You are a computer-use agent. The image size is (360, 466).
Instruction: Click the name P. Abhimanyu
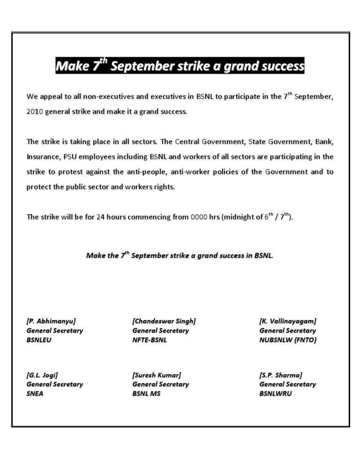[x=51, y=321]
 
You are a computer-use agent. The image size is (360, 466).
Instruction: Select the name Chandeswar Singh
[x=164, y=321]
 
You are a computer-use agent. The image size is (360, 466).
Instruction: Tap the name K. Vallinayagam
[x=287, y=321]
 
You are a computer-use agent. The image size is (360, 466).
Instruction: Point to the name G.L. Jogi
[x=42, y=375]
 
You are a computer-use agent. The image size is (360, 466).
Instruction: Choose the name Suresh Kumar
[x=157, y=375]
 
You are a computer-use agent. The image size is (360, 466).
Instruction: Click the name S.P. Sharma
[x=280, y=375]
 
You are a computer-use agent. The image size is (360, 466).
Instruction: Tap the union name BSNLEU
[x=39, y=340]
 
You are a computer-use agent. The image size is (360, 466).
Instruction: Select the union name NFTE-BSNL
[x=150, y=340]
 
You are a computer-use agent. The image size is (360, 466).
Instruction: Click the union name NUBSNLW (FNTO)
[x=288, y=340]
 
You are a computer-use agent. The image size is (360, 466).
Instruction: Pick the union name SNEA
[x=35, y=393]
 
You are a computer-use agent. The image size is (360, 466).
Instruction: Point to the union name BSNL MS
[x=146, y=393]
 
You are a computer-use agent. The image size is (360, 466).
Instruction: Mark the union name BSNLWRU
[x=276, y=393]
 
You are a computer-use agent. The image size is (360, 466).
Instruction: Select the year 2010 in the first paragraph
[x=35, y=113]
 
